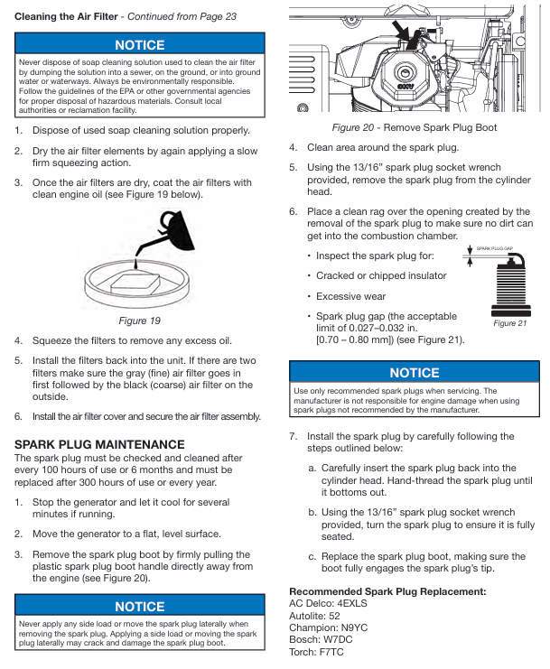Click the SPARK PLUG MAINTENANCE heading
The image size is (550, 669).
click(x=99, y=444)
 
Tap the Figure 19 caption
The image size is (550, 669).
click(x=139, y=320)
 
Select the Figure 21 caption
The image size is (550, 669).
click(x=510, y=322)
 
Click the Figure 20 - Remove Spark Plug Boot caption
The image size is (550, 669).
click(x=415, y=127)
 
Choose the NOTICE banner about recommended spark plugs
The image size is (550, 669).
click(x=415, y=373)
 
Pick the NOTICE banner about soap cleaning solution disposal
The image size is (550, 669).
click(x=139, y=45)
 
